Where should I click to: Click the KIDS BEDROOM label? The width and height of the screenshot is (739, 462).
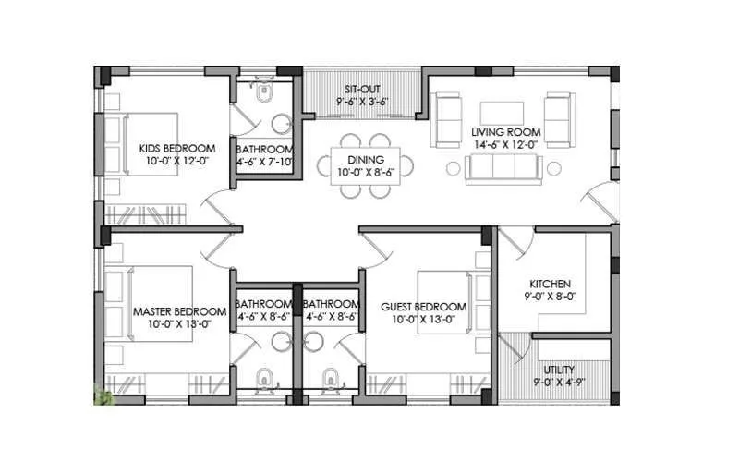click(x=177, y=148)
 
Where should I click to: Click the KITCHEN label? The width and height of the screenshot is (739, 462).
click(x=550, y=284)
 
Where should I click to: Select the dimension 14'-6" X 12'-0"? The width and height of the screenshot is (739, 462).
click(x=506, y=145)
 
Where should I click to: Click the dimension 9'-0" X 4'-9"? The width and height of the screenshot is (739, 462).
click(x=557, y=382)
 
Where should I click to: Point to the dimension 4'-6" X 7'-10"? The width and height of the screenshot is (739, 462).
click(x=264, y=163)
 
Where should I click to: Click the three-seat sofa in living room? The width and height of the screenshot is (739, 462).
click(x=504, y=168)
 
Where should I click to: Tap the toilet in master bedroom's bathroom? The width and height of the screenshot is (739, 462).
click(x=264, y=377)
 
